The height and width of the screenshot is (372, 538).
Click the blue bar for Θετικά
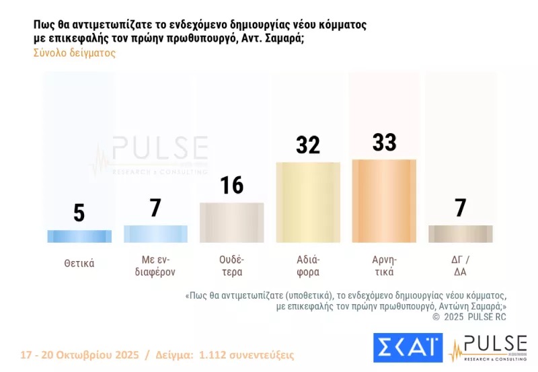79,236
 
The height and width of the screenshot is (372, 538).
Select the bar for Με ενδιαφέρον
155,233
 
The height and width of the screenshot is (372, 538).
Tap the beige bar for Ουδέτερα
231,222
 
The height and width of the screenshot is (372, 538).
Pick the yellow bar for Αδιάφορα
308,202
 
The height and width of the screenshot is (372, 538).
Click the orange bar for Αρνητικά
384,200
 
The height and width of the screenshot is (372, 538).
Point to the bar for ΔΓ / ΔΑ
461,233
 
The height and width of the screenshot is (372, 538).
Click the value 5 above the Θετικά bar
79,213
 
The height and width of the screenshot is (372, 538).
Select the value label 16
231,185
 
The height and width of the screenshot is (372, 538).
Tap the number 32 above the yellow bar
308,145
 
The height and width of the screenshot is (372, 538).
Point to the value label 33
384,143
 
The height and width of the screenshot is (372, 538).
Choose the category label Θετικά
79,264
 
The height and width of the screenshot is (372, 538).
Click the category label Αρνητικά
384,266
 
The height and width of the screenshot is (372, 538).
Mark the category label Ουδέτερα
231,266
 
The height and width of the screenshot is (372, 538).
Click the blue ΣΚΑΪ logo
408,347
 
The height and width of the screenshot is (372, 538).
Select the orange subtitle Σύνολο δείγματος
75,53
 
